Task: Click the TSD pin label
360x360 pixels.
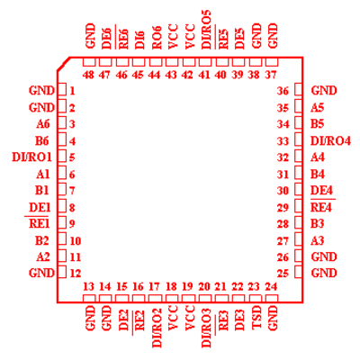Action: (x=256, y=318)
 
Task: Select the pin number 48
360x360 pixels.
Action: (x=88, y=75)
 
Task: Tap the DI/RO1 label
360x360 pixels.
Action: (x=31, y=157)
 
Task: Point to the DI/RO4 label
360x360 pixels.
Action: (x=330, y=140)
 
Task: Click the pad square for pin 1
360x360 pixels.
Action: (x=62, y=89)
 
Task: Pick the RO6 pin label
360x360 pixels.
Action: (x=157, y=37)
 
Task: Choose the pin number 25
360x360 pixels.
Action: (x=283, y=274)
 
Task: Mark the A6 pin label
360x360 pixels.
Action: (x=43, y=124)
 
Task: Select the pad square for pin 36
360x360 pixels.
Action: (x=299, y=89)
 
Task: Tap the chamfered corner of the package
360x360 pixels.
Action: (x=63, y=64)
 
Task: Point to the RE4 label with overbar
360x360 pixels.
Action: (x=322, y=206)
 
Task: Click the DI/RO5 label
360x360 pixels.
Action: (x=206, y=30)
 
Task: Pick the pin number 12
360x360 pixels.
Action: (x=76, y=274)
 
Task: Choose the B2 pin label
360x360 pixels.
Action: (x=42, y=240)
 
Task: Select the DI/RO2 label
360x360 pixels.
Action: (x=157, y=328)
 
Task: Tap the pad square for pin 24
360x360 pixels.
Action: (x=272, y=299)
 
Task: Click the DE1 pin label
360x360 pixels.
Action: (x=40, y=207)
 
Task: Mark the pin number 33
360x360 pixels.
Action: (x=283, y=140)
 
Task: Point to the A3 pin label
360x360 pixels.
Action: (x=318, y=240)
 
